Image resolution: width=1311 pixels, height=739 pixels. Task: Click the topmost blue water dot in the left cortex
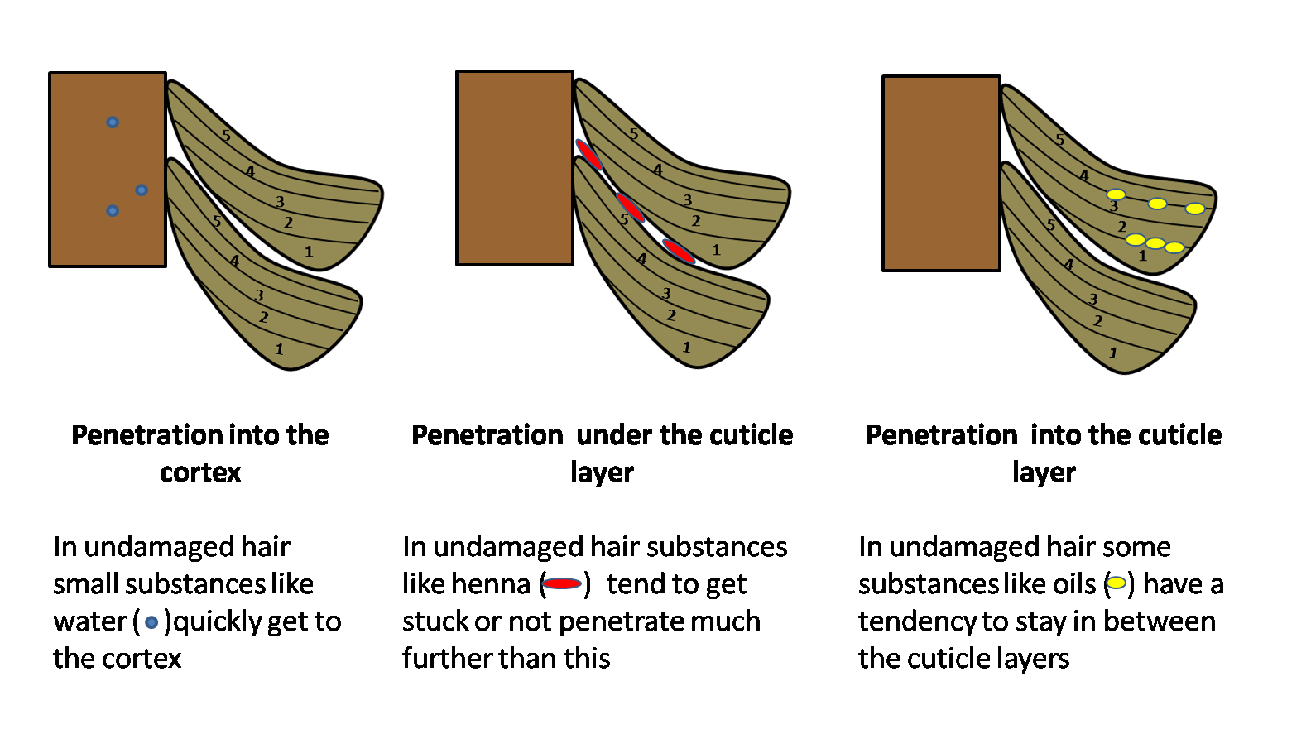[x=113, y=122]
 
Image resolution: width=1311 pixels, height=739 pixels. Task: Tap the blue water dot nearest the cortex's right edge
[x=142, y=190]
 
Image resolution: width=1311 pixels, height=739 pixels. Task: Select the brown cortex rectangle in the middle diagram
[x=515, y=168]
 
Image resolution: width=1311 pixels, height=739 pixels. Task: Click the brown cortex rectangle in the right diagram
[x=941, y=174]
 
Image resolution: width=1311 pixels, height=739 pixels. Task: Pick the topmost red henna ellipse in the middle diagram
[x=589, y=154]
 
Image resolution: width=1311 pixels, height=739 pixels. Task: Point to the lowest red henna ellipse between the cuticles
[x=679, y=251]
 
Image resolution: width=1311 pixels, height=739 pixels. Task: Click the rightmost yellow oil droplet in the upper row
[x=1194, y=209]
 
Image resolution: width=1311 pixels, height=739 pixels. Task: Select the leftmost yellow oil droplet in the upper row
[x=1117, y=194]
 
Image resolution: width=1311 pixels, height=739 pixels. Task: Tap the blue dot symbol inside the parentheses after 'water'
[x=151, y=622]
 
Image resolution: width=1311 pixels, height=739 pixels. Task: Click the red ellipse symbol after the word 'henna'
[x=562, y=584]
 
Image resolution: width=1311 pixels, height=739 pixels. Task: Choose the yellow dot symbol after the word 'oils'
[x=1117, y=583]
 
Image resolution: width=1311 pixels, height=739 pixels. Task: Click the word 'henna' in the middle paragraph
[x=491, y=584]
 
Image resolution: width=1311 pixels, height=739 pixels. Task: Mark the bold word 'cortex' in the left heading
[x=200, y=473]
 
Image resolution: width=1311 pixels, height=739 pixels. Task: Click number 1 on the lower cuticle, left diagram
[x=279, y=349]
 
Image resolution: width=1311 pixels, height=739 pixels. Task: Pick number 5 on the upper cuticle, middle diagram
[x=634, y=134]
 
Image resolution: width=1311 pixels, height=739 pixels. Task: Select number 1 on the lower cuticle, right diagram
[x=1113, y=353]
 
